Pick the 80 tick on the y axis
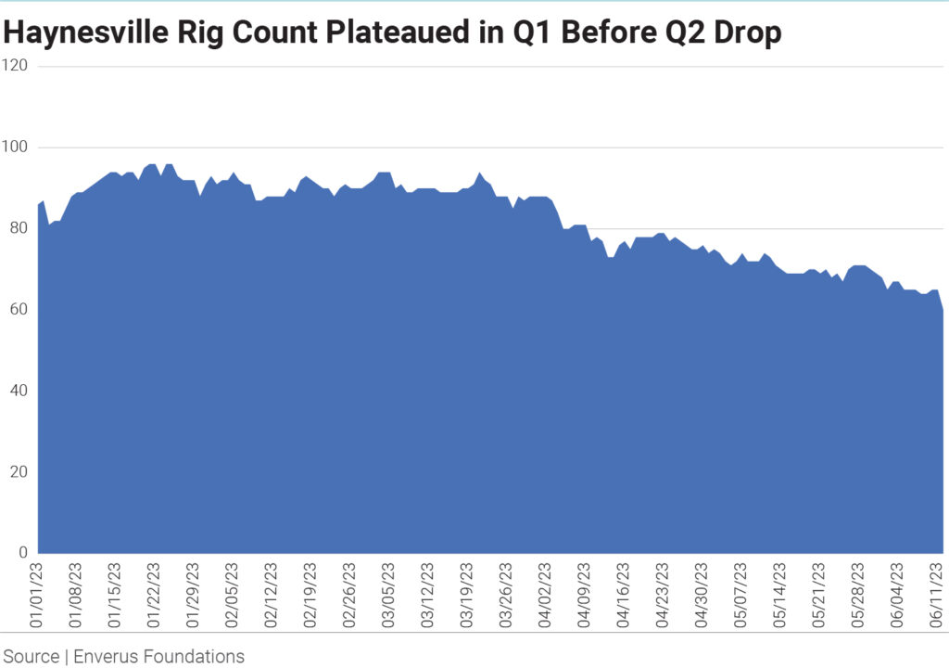pyautogui.click(x=19, y=228)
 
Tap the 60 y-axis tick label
pyautogui.click(x=19, y=310)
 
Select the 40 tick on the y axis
pyautogui.click(x=19, y=391)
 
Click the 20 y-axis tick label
pyautogui.click(x=19, y=472)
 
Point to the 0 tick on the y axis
pyautogui.click(x=23, y=553)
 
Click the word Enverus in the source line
pyautogui.click(x=110, y=657)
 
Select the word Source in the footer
pyautogui.click(x=31, y=657)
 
